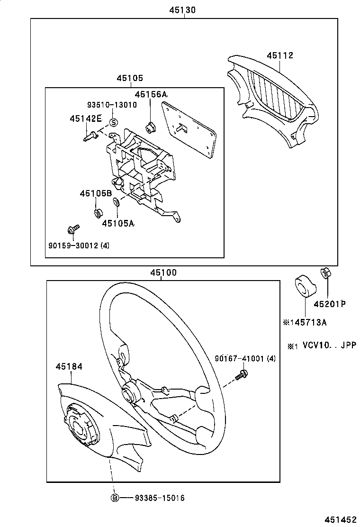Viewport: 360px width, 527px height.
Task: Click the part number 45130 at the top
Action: [x=182, y=10]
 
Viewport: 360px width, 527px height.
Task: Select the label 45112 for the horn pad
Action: [x=280, y=55]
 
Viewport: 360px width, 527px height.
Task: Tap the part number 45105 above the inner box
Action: [x=130, y=78]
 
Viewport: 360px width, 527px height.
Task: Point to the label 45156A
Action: [x=151, y=94]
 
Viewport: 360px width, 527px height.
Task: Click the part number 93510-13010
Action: [x=112, y=105]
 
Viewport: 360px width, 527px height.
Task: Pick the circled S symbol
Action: [x=114, y=122]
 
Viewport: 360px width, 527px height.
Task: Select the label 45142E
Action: [x=86, y=118]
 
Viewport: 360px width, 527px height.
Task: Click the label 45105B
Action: [x=96, y=193]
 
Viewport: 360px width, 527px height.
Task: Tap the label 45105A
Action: [x=118, y=223]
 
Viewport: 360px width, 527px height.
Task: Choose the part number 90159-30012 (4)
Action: [x=79, y=245]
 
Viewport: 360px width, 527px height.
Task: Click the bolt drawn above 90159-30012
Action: [x=73, y=229]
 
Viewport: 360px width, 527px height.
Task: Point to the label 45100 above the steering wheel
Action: [x=163, y=273]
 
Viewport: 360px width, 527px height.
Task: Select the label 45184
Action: [x=69, y=367]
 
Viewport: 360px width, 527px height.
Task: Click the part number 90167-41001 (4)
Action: [x=245, y=359]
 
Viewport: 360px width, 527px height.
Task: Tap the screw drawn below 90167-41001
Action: [x=242, y=375]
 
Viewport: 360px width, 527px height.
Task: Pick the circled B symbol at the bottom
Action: [x=115, y=498]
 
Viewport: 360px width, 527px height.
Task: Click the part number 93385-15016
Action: [x=160, y=498]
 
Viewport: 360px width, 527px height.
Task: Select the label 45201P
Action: [x=330, y=304]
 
